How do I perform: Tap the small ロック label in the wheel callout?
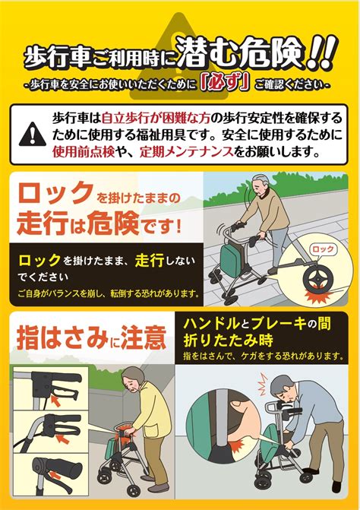324,249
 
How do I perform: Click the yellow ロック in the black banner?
37,260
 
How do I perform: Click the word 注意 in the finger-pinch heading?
143,335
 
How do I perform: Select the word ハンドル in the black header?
213,325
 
